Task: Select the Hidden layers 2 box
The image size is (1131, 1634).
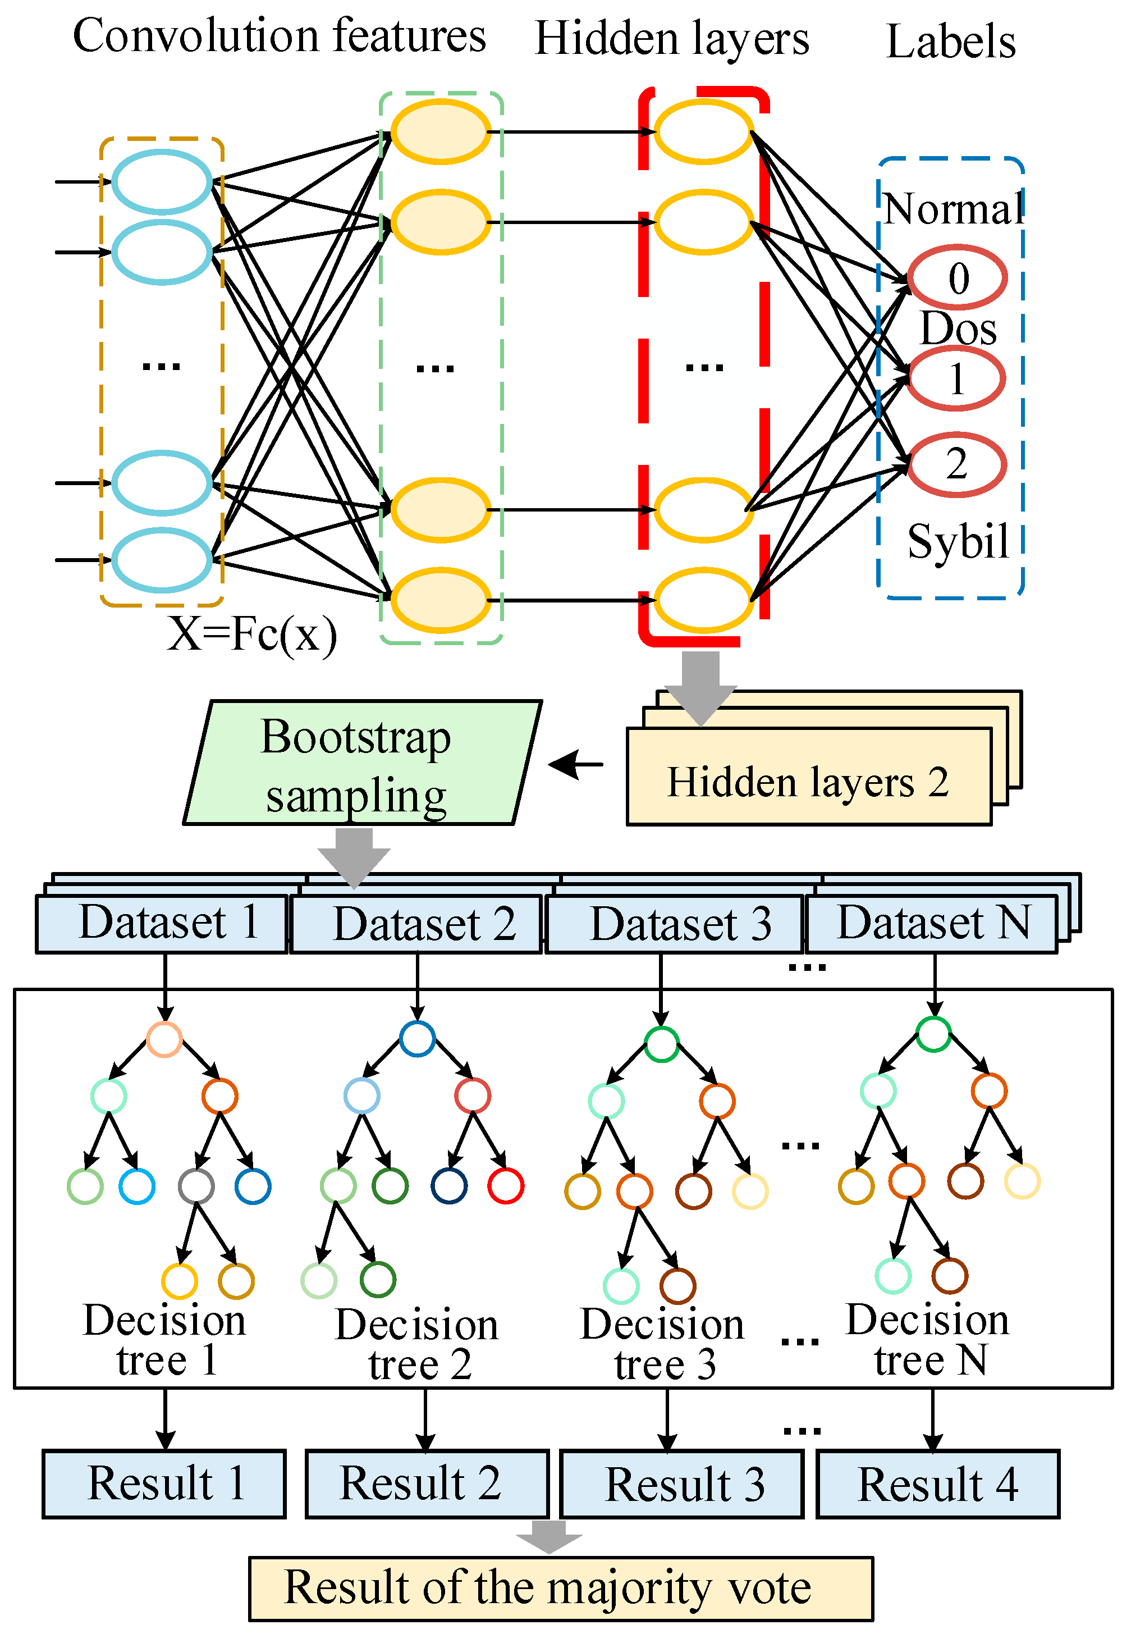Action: [808, 780]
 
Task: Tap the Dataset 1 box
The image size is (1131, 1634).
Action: [162, 924]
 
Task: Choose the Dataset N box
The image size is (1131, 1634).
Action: [931, 924]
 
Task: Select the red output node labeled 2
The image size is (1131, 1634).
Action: [956, 464]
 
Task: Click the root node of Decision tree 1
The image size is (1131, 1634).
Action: [164, 1039]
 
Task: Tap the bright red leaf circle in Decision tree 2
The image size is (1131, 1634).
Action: [505, 1186]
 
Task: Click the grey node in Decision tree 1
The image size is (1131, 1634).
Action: [196, 1186]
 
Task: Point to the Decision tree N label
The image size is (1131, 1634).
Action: [928, 1340]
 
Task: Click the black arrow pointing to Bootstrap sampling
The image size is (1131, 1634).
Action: [575, 764]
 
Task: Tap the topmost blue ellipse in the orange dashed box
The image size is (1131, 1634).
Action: [162, 182]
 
